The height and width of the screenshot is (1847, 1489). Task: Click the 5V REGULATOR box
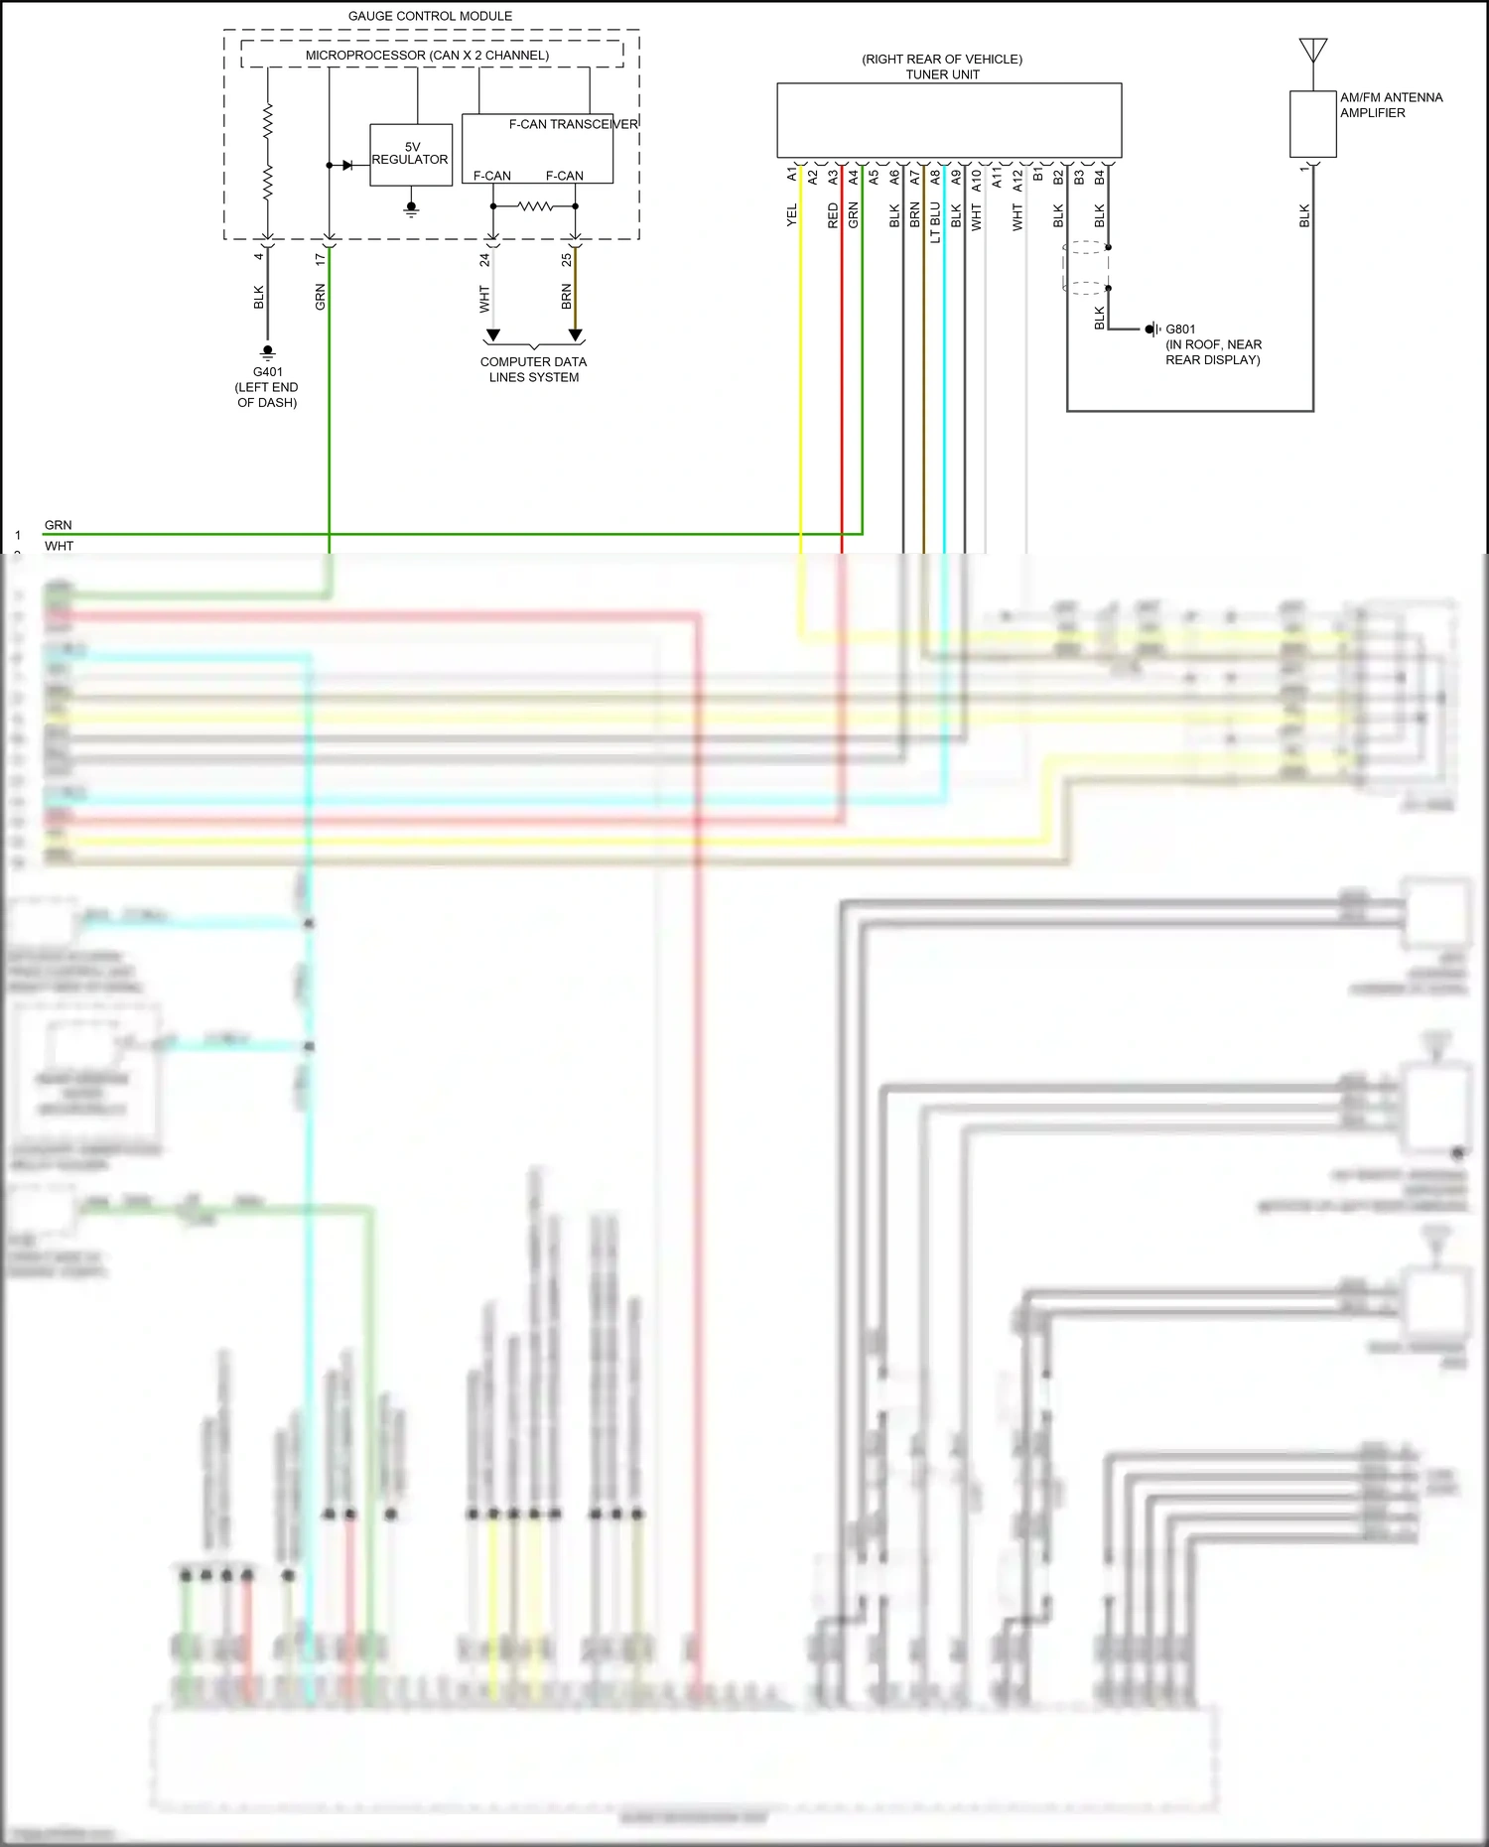pos(410,154)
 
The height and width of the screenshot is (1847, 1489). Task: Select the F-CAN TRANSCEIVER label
pos(573,124)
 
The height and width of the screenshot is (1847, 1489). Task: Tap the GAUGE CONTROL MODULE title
pos(430,16)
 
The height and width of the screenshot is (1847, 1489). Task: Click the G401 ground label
pos(267,372)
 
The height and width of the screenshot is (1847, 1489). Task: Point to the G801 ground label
pos(1180,329)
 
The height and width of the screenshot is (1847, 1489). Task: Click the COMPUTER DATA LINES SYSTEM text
pos(533,369)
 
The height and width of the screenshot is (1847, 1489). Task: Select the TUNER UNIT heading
pos(942,74)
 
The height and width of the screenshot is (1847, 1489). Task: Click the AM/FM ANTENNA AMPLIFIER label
pos(1390,104)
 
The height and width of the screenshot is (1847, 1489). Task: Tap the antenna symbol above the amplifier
pos(1312,50)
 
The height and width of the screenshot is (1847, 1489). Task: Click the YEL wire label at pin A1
pos(791,215)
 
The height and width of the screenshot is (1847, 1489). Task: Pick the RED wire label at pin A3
pos(833,215)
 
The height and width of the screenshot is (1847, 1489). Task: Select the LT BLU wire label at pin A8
pos(935,222)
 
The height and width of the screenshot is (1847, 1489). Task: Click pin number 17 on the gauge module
pos(320,259)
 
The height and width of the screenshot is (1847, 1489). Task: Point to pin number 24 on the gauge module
pos(484,260)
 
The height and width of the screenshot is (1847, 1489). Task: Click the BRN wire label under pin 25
pos(566,296)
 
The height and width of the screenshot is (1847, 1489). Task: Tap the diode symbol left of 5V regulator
pos(346,165)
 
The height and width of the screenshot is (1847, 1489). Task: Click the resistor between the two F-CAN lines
pos(534,206)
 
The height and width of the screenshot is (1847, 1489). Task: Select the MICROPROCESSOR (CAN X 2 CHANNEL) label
pos(427,56)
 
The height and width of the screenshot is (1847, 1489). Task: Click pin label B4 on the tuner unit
pos(1099,177)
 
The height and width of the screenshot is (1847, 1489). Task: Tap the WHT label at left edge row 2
pos(59,546)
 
